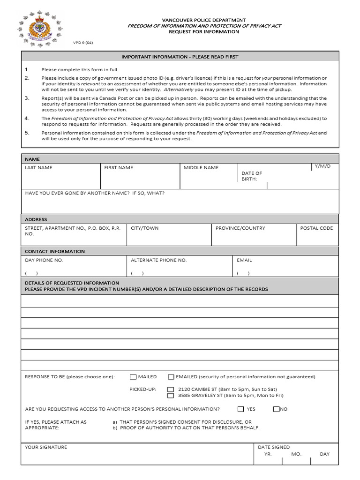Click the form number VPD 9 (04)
pos(83,42)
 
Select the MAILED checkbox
pos(133,377)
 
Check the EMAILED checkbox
pos(171,377)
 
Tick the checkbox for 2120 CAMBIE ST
pos(171,390)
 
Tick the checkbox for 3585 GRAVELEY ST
pos(171,396)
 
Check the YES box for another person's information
pos(241,409)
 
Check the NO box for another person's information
pos(277,409)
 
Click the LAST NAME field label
pos(38,167)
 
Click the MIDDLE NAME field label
pos(201,167)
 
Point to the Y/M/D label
pos(322,166)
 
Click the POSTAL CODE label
pos(316,228)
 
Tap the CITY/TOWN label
pos(144,228)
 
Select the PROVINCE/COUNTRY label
pos(240,228)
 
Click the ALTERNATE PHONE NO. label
pos(158,260)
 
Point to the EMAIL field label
pos(244,260)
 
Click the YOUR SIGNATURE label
pos(46,447)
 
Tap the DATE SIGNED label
pos(274,447)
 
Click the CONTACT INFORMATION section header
pos(55,251)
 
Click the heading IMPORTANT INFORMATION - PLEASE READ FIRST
pos(180,57)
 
